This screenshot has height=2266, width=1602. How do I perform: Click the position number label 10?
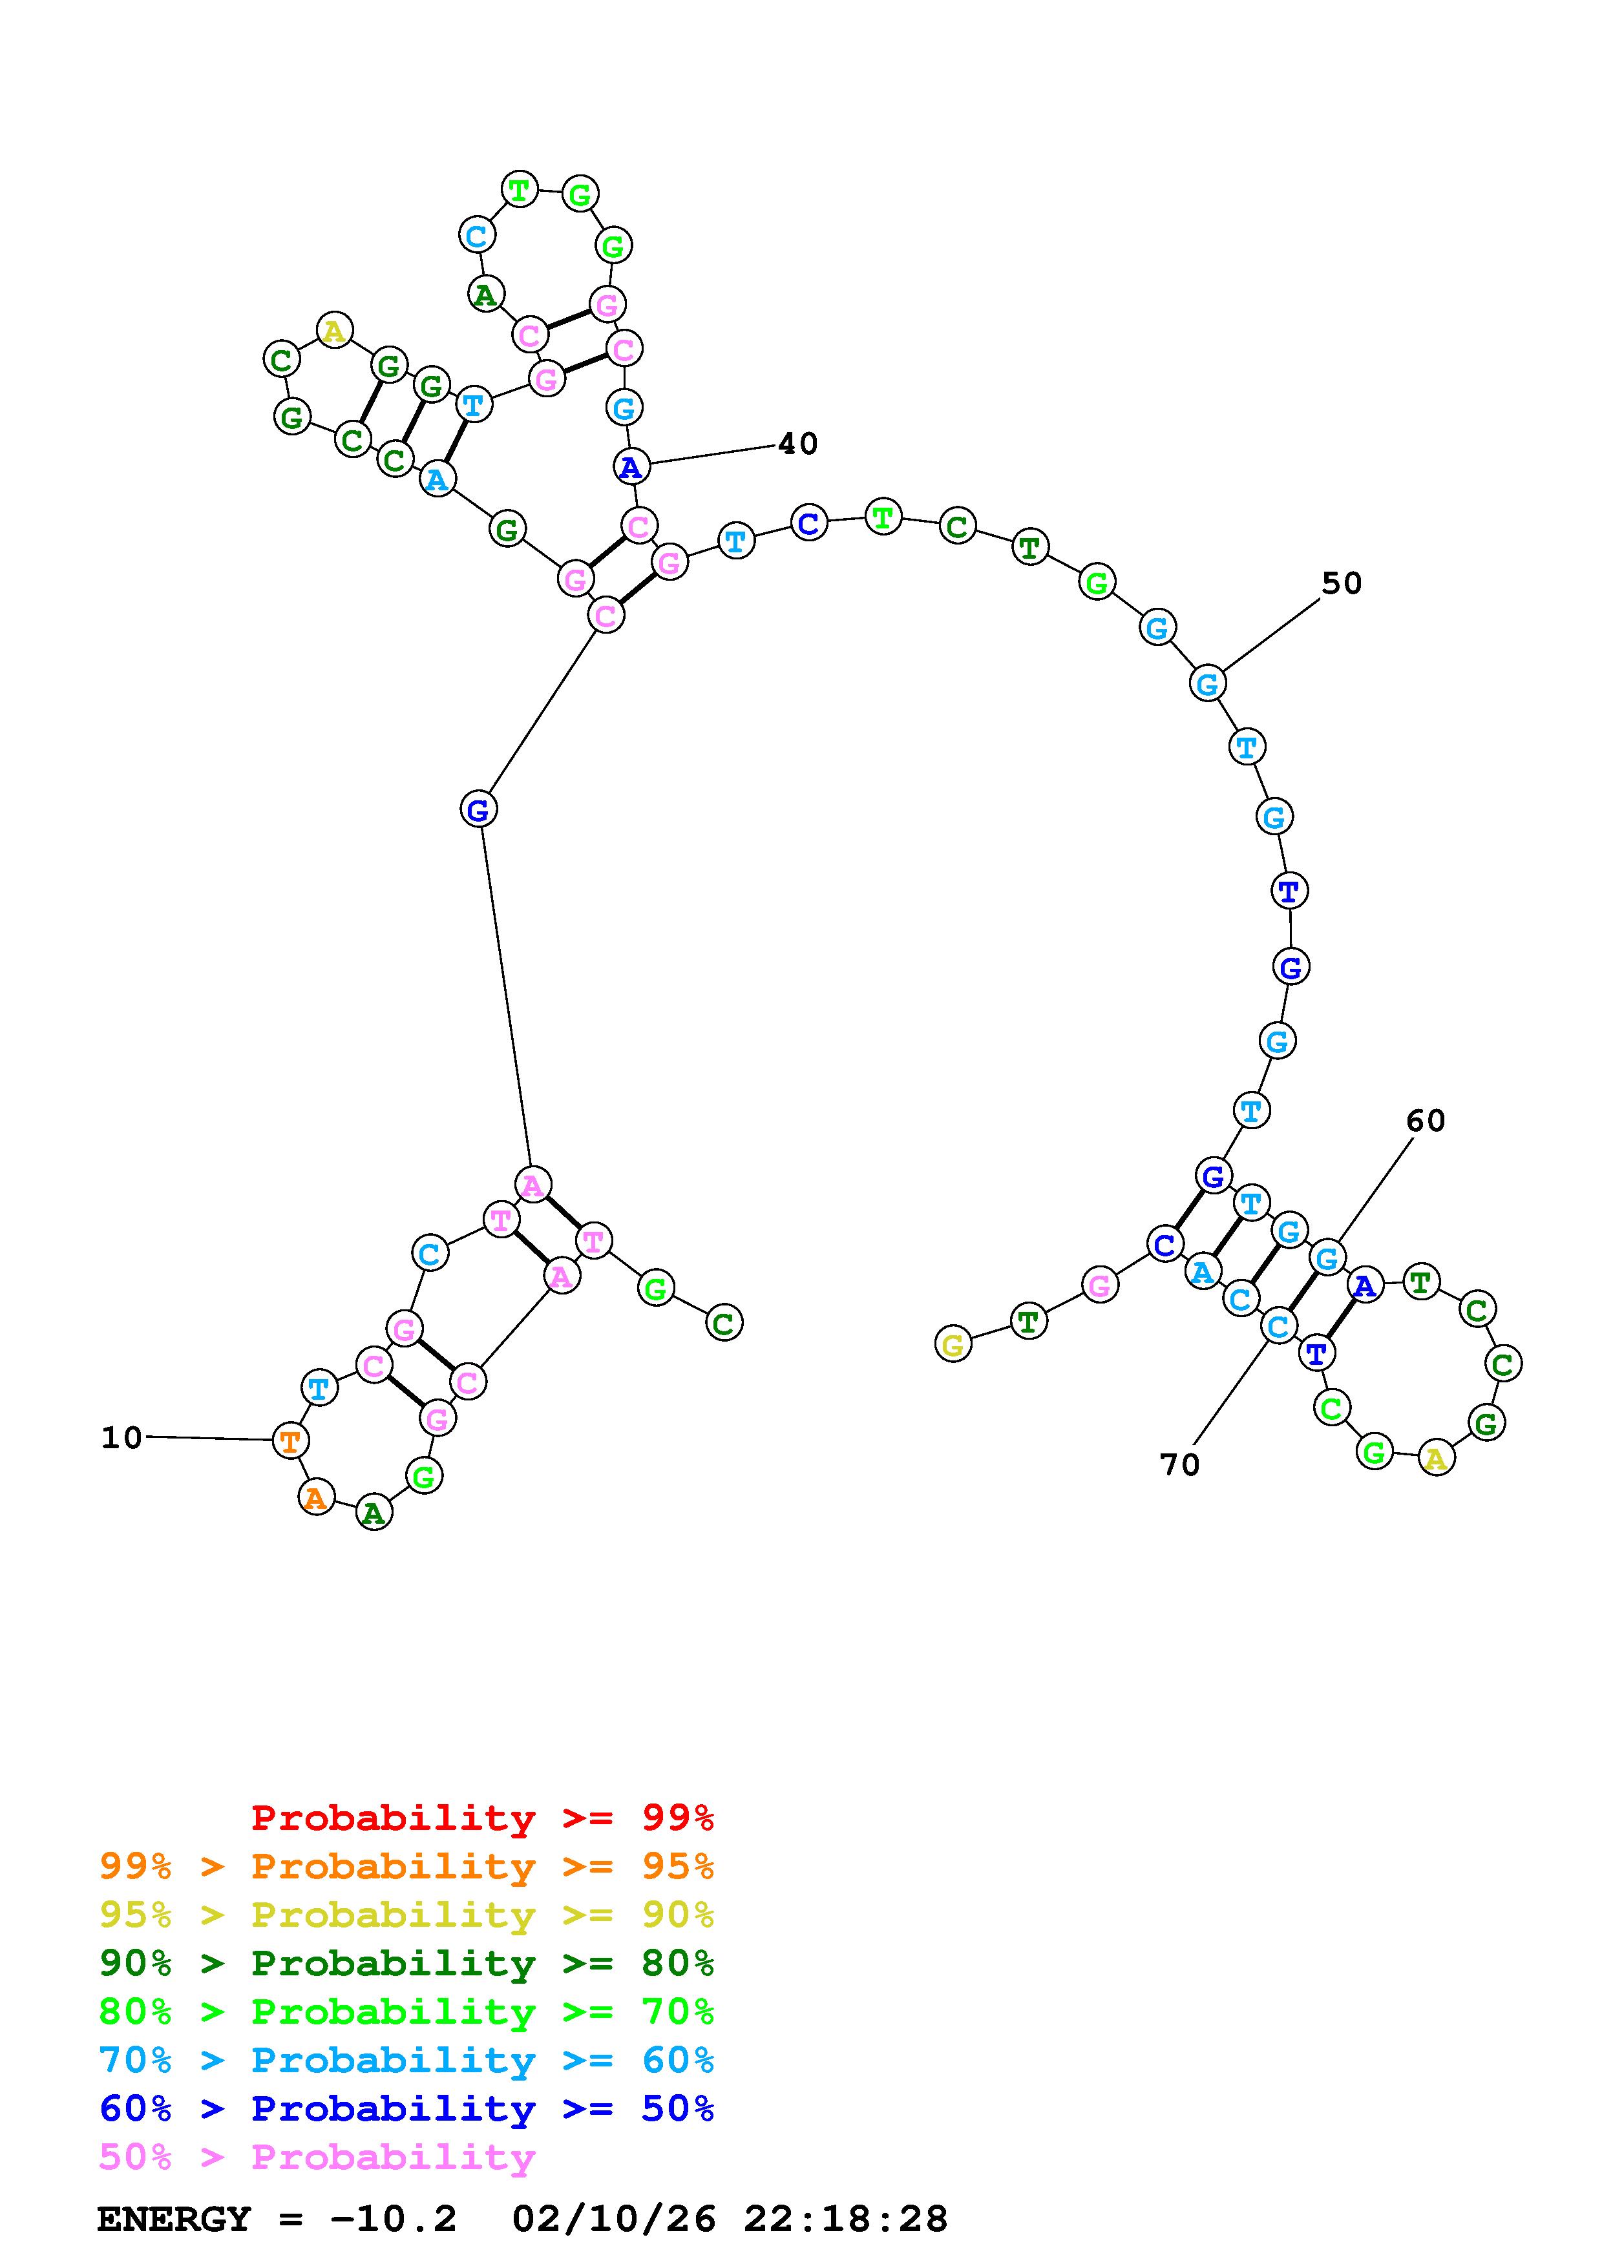click(x=121, y=1438)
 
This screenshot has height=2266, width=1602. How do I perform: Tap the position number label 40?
click(x=797, y=444)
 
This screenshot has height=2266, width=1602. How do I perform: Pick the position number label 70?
click(x=1179, y=1464)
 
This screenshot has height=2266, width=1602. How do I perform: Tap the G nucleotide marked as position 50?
click(x=1207, y=683)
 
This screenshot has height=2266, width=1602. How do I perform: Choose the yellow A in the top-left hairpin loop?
click(x=335, y=331)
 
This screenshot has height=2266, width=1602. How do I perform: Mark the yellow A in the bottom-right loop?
click(x=1436, y=1458)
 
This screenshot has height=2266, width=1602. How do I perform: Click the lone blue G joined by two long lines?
click(x=478, y=810)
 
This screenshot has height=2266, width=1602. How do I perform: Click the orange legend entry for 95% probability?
click(x=406, y=1866)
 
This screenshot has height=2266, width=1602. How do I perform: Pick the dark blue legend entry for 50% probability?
click(x=406, y=2108)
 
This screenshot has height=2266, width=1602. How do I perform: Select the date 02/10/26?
click(x=614, y=2219)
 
